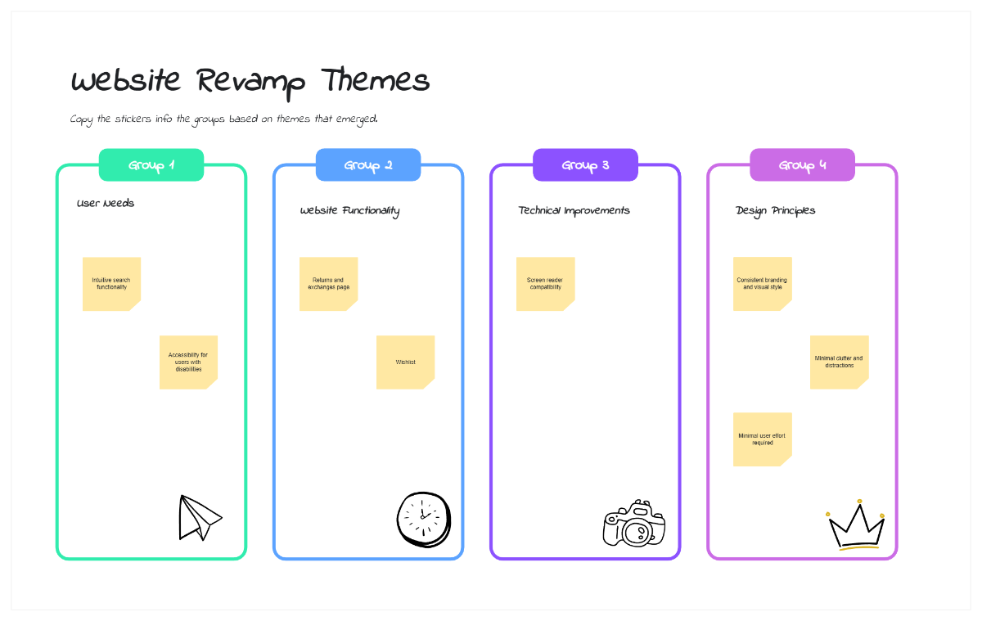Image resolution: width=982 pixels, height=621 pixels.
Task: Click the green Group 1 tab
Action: coord(151,165)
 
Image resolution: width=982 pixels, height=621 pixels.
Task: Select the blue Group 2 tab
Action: coord(368,165)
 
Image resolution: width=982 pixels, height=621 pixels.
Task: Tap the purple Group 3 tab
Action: coord(585,165)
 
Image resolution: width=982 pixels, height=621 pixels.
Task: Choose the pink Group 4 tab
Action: coord(802,165)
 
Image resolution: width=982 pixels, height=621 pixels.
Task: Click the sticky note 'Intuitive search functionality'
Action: coord(111,283)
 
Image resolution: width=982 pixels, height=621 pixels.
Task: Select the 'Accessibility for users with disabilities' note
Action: coord(188,362)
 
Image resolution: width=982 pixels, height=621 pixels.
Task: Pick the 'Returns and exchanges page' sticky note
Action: coord(328,283)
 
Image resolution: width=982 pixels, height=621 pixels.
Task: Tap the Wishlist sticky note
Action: coord(405,362)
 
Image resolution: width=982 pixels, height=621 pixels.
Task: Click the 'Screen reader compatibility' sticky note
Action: coord(545,283)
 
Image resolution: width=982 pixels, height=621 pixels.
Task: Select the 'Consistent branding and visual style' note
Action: coord(762,283)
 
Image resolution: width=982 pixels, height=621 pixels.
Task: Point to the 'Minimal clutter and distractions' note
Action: coord(839,362)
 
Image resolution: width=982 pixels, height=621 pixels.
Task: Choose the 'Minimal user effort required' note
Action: coord(762,439)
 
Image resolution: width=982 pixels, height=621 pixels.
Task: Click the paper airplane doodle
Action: coord(199,518)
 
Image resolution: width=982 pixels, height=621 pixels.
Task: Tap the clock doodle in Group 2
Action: coord(424,519)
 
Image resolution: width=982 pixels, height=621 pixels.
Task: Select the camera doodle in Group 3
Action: coord(634,524)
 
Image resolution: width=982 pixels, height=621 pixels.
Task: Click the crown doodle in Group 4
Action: coord(856,526)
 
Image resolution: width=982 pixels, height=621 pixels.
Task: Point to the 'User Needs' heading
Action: coord(106,203)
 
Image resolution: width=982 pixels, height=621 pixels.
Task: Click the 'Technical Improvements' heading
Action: coord(574,210)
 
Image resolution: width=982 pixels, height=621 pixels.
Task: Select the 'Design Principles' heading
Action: coord(775,210)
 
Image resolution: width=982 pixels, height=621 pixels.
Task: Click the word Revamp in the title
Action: coord(251,82)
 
